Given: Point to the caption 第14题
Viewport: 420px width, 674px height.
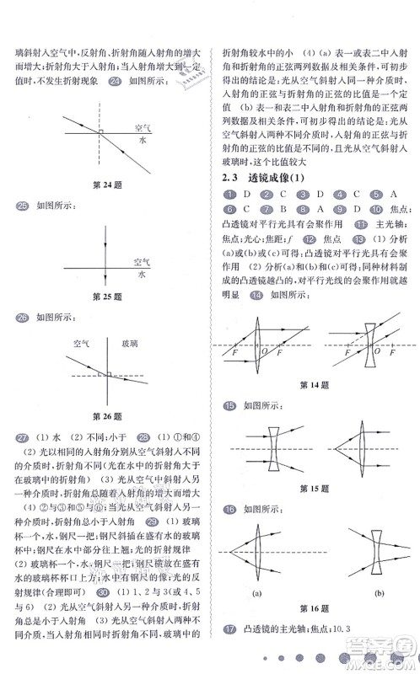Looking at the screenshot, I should point(314,385).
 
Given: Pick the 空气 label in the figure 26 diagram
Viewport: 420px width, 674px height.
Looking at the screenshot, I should point(83,344).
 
